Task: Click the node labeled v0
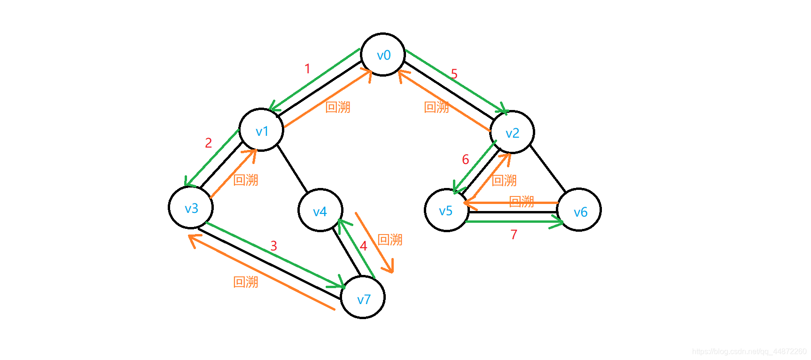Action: (x=383, y=55)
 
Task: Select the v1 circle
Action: (x=261, y=130)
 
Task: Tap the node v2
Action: (x=512, y=132)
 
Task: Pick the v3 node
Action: (x=191, y=207)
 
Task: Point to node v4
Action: (x=320, y=210)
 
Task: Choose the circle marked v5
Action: (x=446, y=210)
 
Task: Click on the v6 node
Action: (x=579, y=210)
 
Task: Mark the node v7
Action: (x=363, y=297)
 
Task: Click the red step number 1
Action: (x=307, y=69)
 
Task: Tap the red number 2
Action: (x=209, y=143)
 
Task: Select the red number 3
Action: (x=274, y=246)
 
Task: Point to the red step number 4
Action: (x=363, y=246)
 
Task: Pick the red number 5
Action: (x=454, y=74)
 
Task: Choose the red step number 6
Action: (x=465, y=160)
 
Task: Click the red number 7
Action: (x=514, y=235)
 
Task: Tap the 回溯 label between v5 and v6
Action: (x=522, y=202)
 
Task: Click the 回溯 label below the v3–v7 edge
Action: (x=246, y=282)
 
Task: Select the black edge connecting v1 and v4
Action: (x=292, y=168)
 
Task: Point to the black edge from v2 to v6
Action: (x=548, y=168)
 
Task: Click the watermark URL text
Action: (x=749, y=352)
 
